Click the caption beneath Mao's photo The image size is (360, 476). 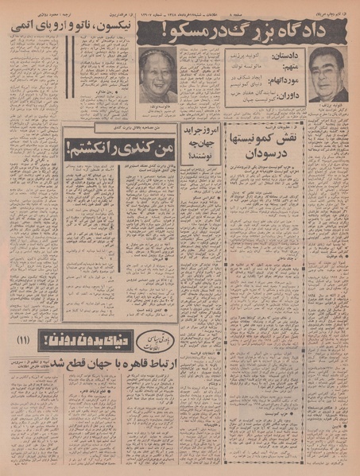coord(157,107)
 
